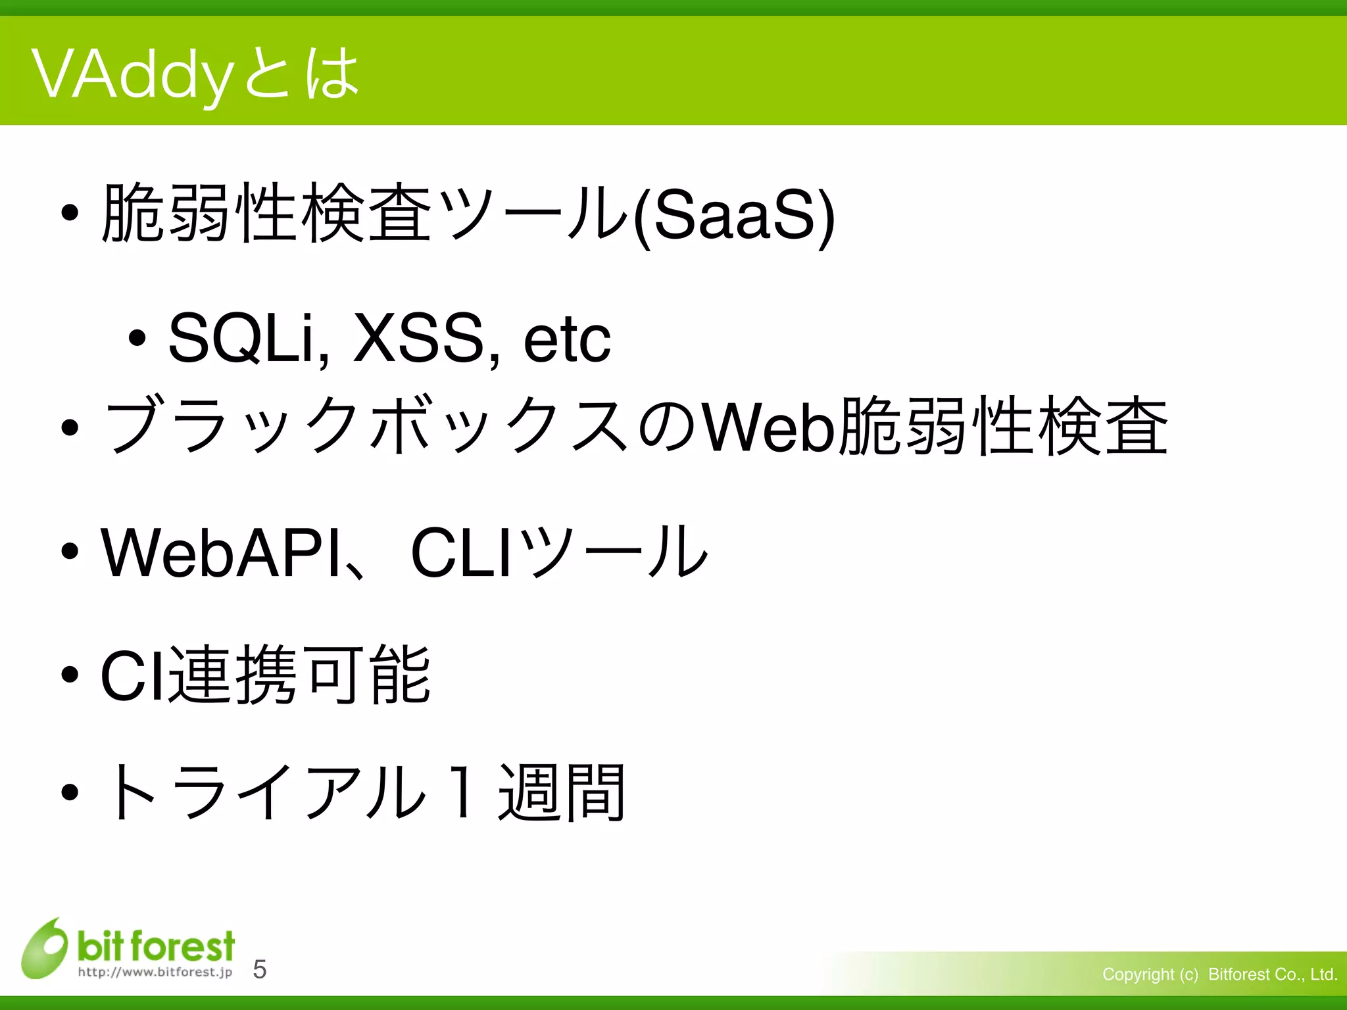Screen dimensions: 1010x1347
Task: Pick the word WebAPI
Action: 221,552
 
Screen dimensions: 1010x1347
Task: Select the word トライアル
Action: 263,792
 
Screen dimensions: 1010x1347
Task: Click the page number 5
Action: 260,969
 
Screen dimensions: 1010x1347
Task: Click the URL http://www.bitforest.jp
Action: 155,972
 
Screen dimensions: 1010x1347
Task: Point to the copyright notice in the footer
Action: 1219,974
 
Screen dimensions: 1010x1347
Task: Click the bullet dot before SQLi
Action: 137,339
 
